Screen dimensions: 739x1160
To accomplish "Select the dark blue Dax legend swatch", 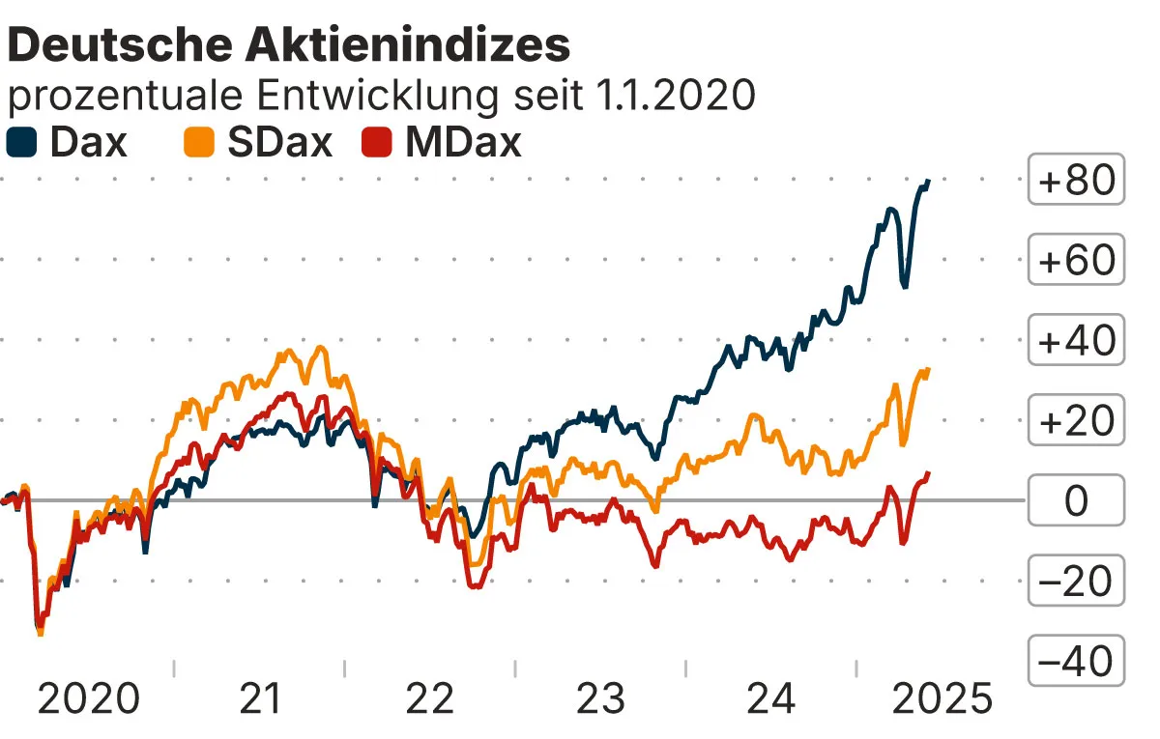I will pos(21,143).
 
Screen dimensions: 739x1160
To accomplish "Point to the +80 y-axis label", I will pos(1076,180).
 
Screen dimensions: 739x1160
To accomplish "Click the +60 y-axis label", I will pos(1076,260).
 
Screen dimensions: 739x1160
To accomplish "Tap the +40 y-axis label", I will pos(1076,340).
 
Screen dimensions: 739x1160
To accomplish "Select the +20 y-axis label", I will pos(1076,420).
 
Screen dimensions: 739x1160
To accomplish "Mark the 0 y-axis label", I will pos(1076,500).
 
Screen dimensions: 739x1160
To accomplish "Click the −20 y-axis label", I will pos(1076,581).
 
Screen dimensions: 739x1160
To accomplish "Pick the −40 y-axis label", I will pos(1076,661).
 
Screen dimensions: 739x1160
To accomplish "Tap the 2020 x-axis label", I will pos(88,697).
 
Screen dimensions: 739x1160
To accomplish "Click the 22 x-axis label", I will pos(429,697).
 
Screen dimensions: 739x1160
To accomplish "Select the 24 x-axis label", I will pos(770,697).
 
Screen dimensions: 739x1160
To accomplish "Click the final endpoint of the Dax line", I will pos(928,182).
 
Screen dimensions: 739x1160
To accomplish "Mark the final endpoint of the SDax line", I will pos(928,370).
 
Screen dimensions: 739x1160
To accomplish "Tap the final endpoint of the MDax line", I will pos(928,473).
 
